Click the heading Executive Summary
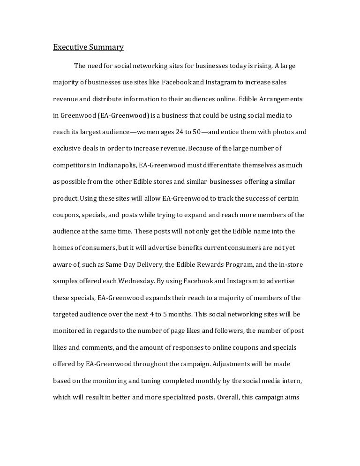pos(88,47)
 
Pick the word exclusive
pos(66,149)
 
